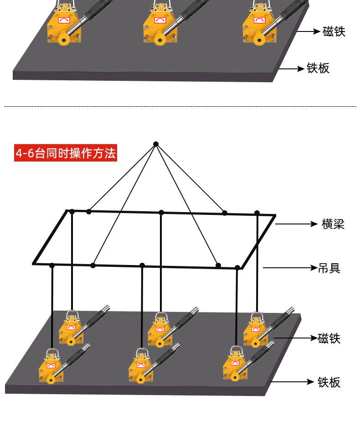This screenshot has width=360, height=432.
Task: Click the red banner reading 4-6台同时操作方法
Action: click(66, 153)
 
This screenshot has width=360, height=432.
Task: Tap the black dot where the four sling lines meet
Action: click(156, 144)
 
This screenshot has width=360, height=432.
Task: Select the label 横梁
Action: click(333, 224)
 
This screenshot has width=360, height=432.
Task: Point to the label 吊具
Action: click(329, 268)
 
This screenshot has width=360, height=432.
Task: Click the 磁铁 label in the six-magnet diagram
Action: click(329, 338)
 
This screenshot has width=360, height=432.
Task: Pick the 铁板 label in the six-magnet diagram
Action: click(329, 382)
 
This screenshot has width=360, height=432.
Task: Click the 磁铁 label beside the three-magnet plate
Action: click(334, 31)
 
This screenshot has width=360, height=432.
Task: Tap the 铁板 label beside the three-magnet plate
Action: click(318, 68)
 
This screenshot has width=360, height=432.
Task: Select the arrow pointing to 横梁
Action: click(296, 224)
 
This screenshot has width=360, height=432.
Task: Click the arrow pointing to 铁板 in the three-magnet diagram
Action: click(292, 69)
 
